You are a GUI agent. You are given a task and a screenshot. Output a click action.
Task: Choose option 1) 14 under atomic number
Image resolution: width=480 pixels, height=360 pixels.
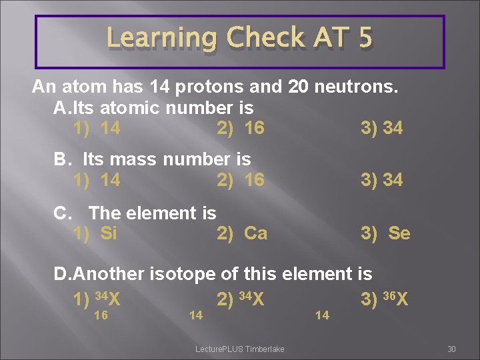pos(97,127)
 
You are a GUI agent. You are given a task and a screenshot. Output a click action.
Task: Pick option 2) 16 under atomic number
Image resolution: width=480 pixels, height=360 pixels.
pos(241,127)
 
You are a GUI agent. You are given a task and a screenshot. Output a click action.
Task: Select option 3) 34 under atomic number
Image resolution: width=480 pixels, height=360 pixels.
pos(381,127)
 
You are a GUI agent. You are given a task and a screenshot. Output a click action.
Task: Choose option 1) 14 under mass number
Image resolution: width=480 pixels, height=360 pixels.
pos(97,179)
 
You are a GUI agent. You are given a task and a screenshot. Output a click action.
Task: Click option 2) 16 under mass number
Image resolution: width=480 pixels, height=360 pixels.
pos(241,179)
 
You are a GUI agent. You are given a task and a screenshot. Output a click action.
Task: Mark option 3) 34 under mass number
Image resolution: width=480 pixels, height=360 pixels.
pos(381,179)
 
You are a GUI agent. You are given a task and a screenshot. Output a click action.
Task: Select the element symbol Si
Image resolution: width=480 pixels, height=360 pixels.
pos(108,233)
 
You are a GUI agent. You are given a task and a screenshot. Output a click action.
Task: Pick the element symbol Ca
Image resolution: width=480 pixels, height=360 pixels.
pos(255,233)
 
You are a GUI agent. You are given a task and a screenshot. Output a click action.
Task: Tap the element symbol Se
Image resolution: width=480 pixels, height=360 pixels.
pos(399,233)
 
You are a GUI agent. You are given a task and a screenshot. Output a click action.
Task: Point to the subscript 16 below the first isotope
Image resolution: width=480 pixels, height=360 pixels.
pos(101,315)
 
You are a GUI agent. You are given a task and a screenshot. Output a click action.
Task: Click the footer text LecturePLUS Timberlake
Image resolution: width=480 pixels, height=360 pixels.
pos(239,349)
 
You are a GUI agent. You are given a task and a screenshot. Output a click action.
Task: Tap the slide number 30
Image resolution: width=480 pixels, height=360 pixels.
pos(451,349)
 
